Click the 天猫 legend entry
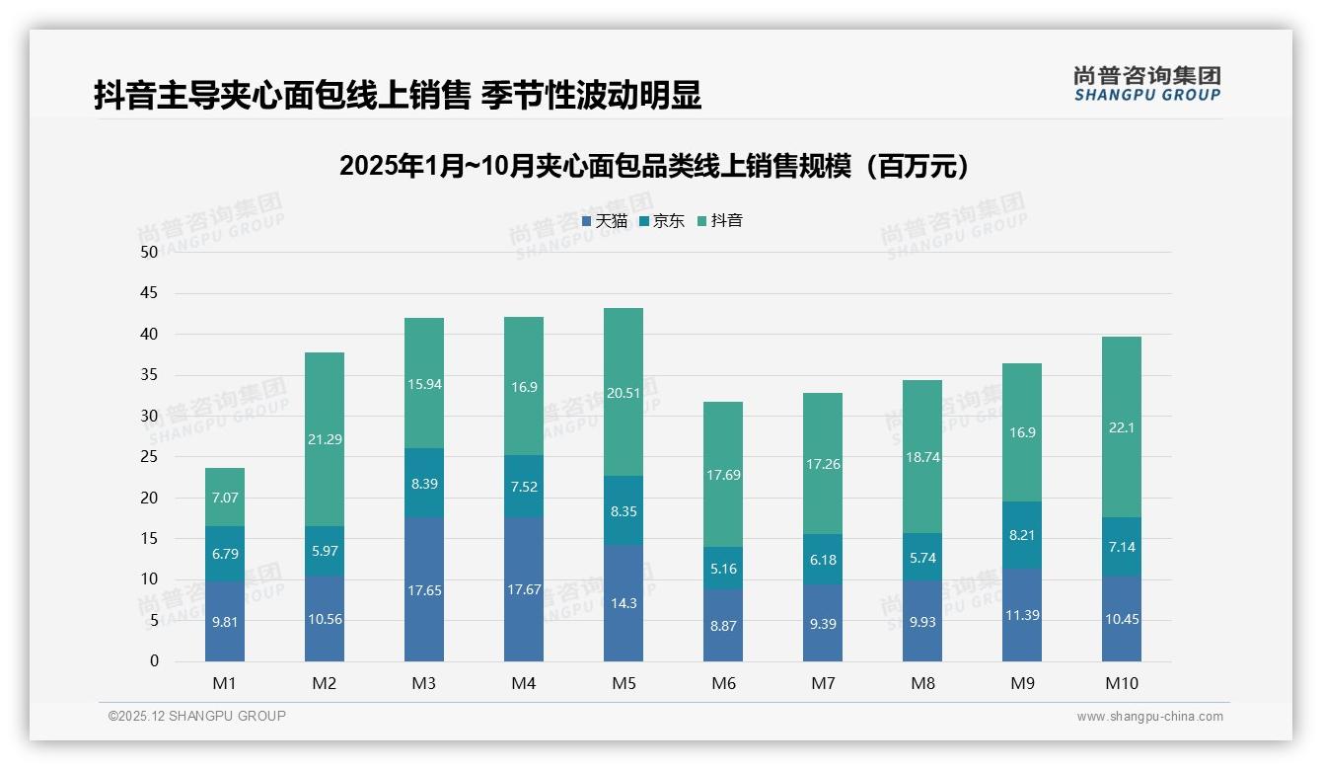(605, 221)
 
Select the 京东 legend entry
(662, 221)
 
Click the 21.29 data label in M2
(325, 439)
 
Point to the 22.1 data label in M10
(1122, 427)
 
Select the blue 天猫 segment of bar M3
(424, 589)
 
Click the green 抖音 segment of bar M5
(623, 392)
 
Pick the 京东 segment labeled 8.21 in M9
(1022, 535)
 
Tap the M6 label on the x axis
(723, 683)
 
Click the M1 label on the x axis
(225, 683)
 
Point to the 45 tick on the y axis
(149, 293)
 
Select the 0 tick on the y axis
(154, 661)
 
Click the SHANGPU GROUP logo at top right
(1146, 84)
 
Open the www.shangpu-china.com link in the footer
(1149, 717)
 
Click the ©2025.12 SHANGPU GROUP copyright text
(197, 717)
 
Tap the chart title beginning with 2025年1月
(654, 166)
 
